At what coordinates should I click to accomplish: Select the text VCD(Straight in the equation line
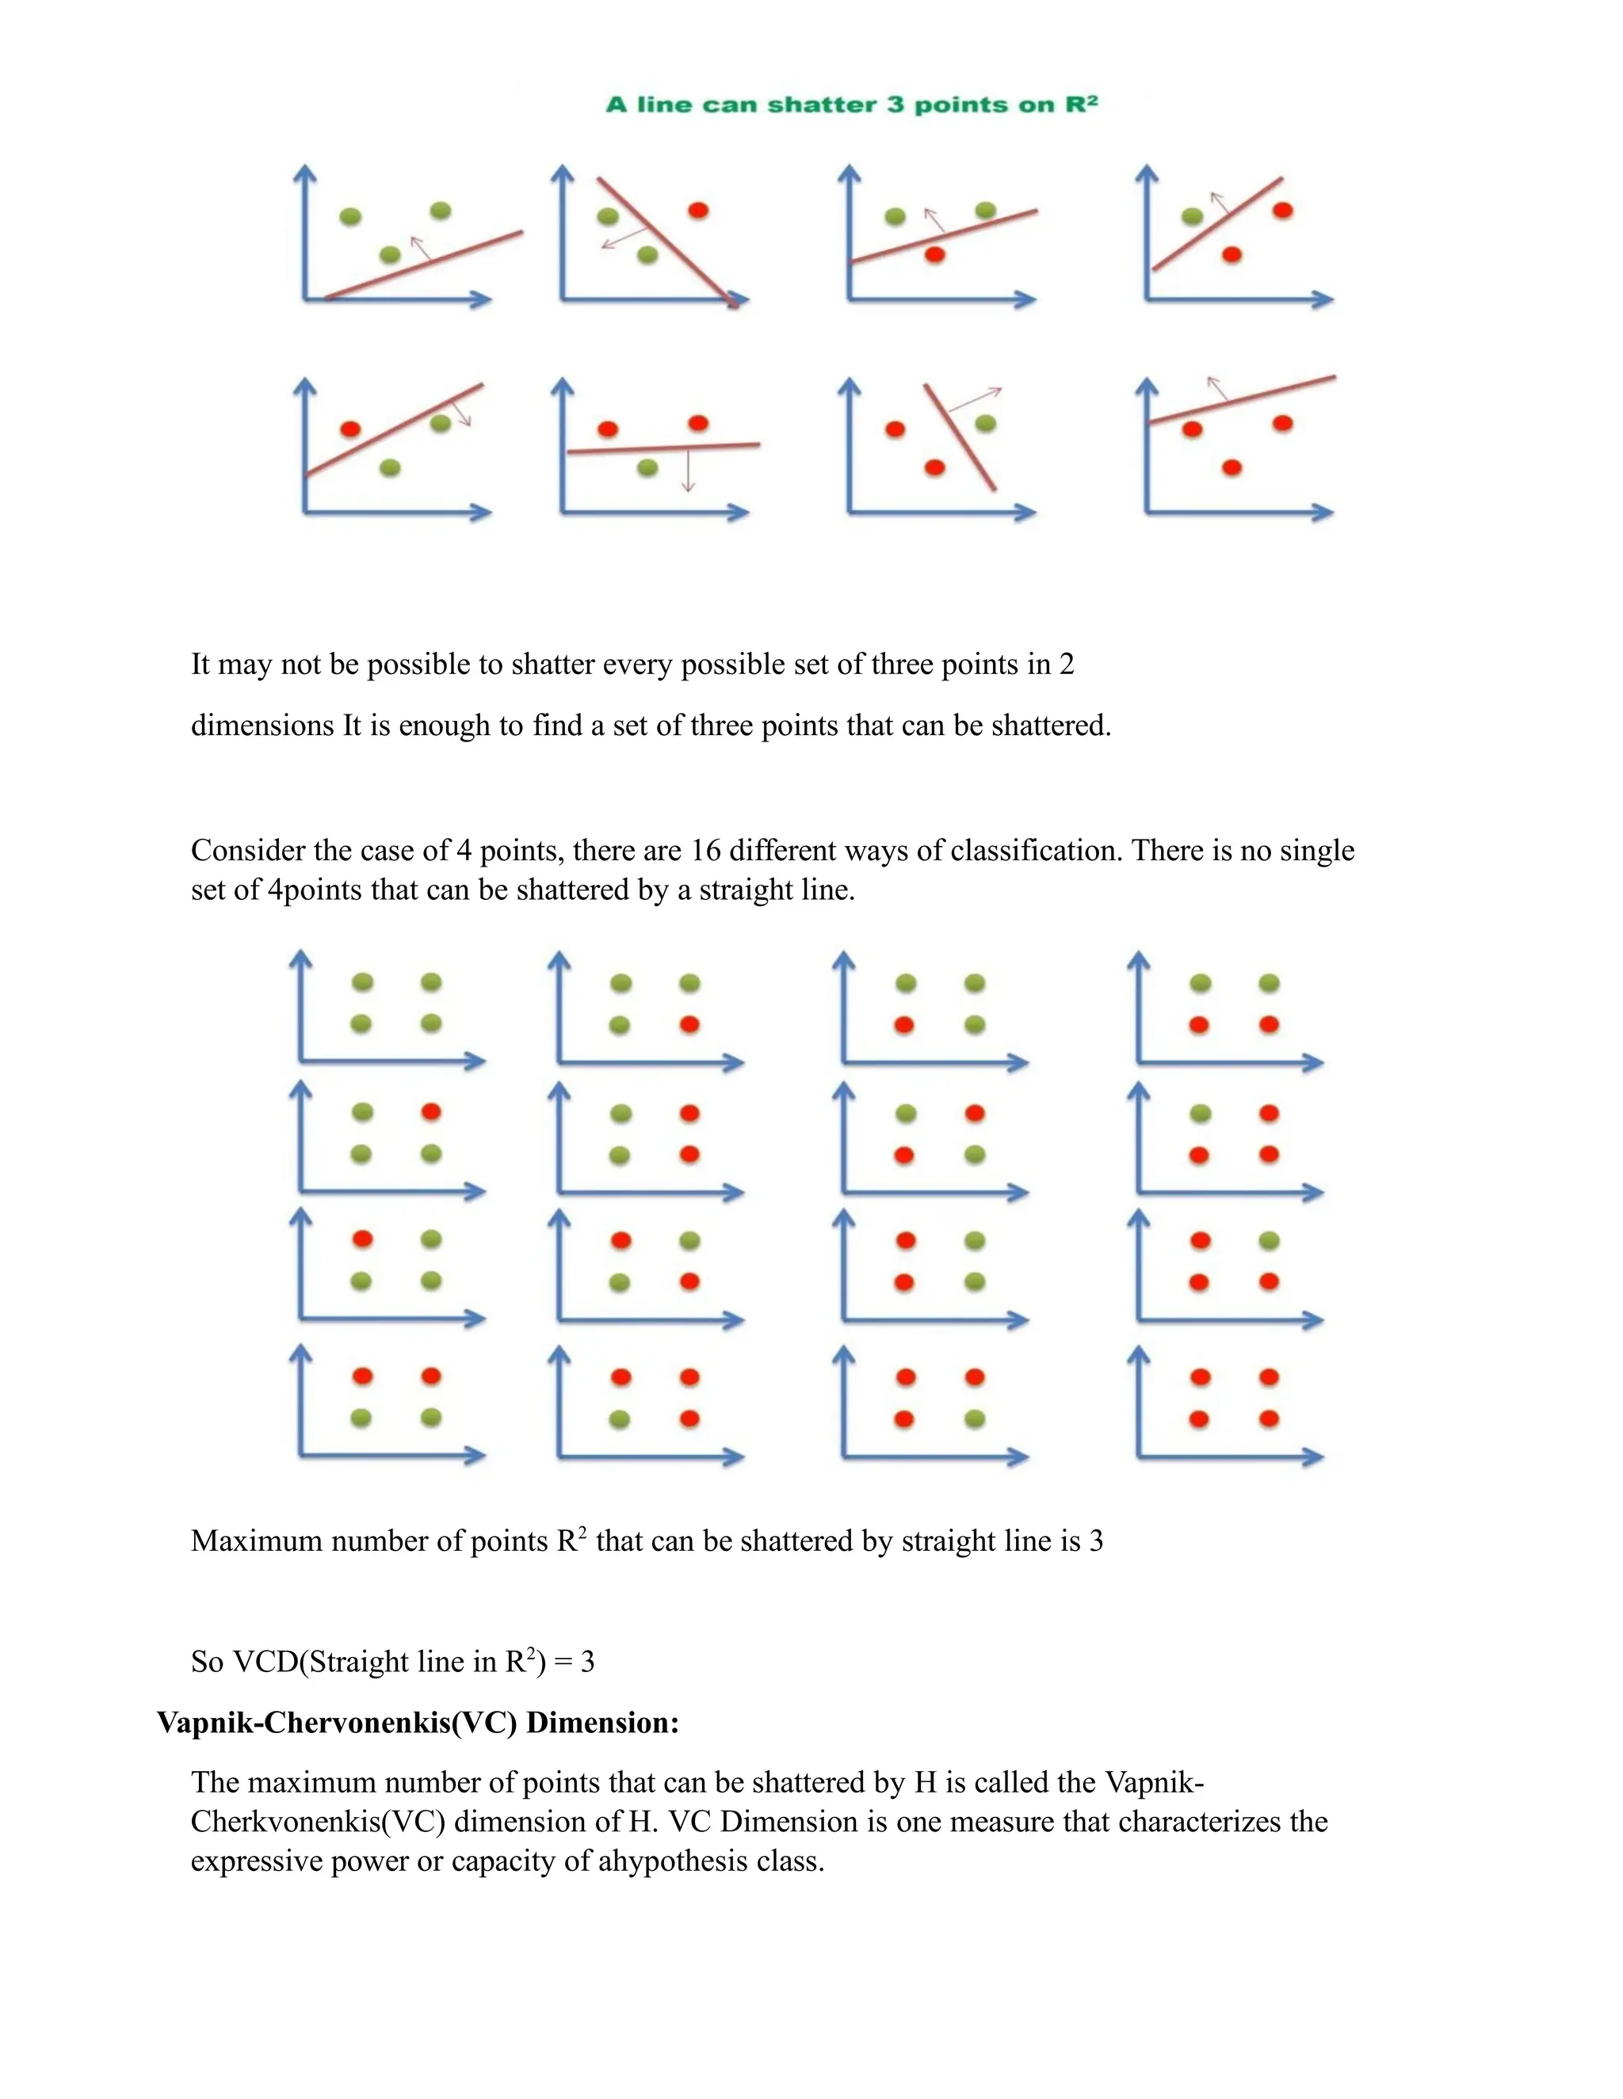(323, 1662)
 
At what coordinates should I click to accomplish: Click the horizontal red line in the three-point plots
(663, 448)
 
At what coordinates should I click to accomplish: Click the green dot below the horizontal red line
(648, 468)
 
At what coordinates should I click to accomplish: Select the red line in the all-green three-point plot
(423, 265)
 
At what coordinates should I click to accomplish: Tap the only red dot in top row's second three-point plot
(699, 211)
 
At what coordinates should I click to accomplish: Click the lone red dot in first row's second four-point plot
(689, 1024)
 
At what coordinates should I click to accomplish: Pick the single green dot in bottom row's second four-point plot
(621, 1419)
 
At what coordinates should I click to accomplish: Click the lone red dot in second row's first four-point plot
(431, 1112)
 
